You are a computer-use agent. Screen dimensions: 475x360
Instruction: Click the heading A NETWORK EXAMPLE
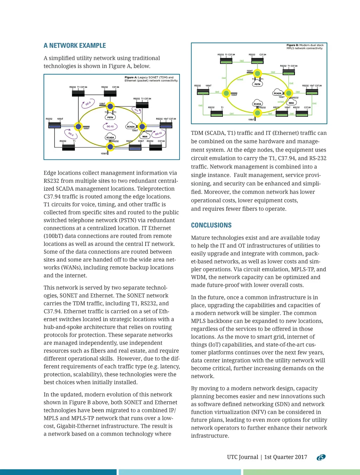[75, 45]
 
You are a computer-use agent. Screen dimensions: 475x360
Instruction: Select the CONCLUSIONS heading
[211, 225]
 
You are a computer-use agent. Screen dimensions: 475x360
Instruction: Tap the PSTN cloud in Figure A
[110, 117]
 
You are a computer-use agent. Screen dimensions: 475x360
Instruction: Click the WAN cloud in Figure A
[145, 136]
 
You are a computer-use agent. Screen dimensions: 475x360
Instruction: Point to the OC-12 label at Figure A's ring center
[110, 126]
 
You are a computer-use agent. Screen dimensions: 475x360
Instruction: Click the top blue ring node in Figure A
[110, 106]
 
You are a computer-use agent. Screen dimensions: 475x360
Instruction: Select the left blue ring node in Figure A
[78, 127]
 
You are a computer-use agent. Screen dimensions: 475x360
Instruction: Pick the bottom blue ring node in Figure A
[110, 147]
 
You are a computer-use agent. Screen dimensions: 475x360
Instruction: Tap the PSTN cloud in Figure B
[257, 84]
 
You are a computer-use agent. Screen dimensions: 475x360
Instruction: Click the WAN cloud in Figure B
[291, 103]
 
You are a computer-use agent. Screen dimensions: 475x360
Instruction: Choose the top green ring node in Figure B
[258, 73]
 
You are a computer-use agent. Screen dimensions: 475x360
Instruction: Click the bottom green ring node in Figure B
[258, 113]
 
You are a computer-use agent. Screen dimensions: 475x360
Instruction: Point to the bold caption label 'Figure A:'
[131, 77]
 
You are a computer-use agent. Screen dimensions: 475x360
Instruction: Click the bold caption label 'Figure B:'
[292, 45]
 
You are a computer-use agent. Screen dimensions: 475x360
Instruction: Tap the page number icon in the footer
[321, 457]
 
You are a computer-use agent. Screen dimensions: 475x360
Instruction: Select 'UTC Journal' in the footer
[243, 457]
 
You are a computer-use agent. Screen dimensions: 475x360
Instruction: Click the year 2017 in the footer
[301, 457]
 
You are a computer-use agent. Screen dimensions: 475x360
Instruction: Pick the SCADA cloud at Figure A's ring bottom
[110, 137]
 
